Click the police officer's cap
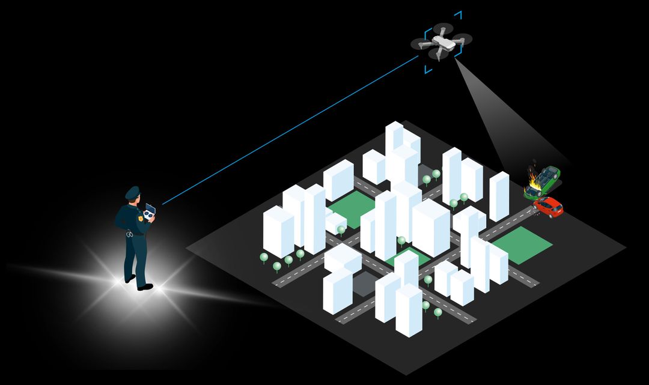pyautogui.click(x=132, y=192)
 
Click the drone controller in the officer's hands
pyautogui.click(x=150, y=211)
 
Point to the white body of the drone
pyautogui.click(x=441, y=43)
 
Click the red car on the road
pyautogui.click(x=548, y=206)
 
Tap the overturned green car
pyautogui.click(x=543, y=180)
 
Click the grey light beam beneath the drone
pyautogui.click(x=499, y=120)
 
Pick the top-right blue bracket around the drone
pyautogui.click(x=457, y=15)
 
